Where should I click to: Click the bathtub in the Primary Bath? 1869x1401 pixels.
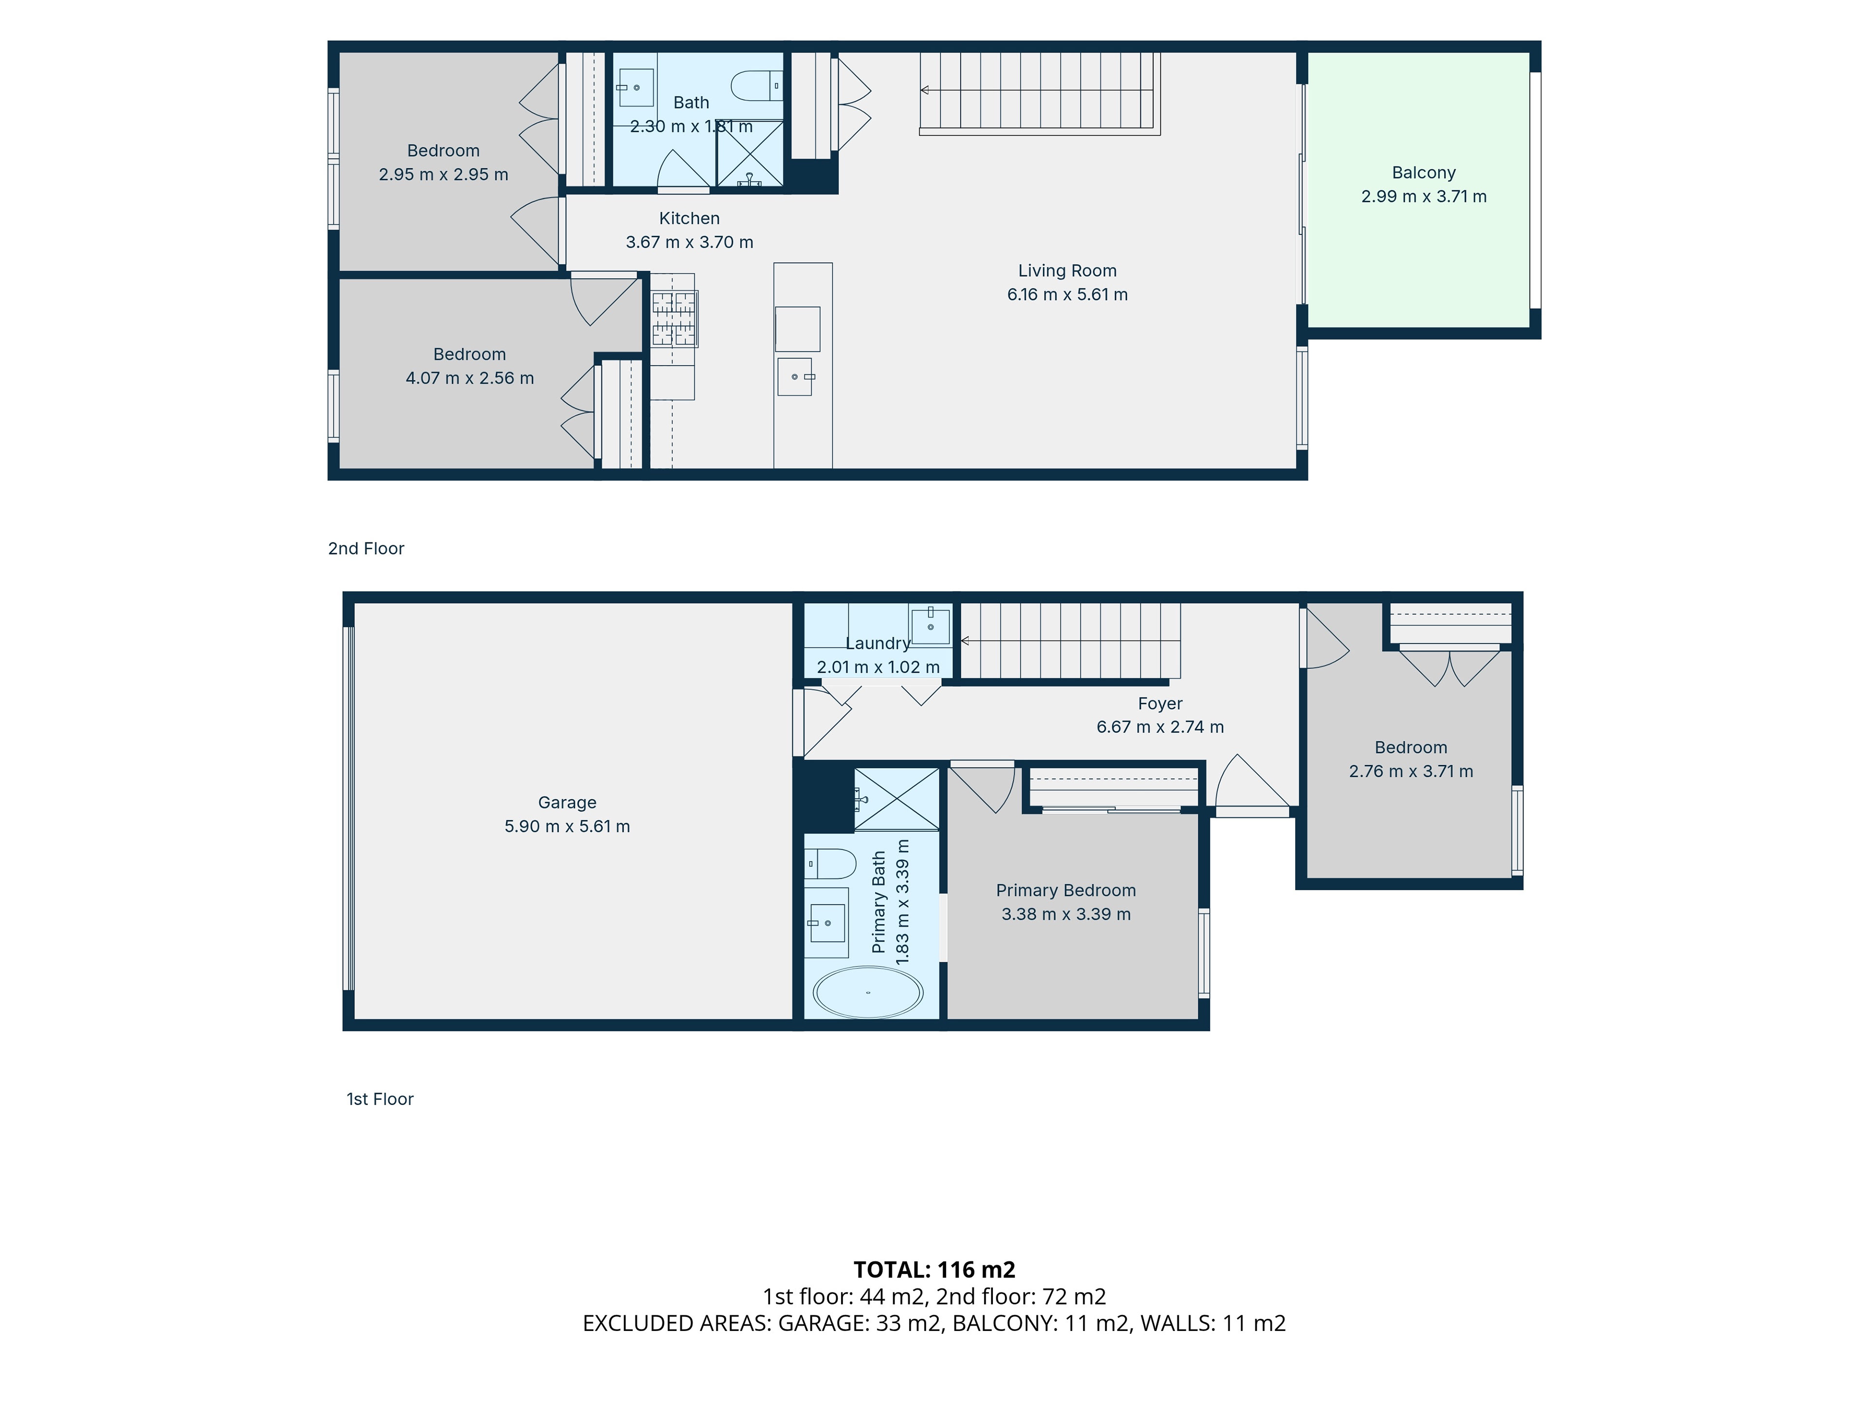point(868,992)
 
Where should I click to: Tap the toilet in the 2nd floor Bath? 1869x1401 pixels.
point(756,85)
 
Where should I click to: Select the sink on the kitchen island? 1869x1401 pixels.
point(795,377)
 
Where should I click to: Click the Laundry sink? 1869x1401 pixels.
point(930,626)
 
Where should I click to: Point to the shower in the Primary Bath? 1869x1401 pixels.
point(897,799)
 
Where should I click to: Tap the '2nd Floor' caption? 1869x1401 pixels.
point(366,549)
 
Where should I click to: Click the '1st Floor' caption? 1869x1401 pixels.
point(380,1099)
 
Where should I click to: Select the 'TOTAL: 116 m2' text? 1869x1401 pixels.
point(934,1269)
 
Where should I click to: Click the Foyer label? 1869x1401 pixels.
point(1160,703)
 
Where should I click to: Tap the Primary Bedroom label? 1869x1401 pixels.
point(1065,891)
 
